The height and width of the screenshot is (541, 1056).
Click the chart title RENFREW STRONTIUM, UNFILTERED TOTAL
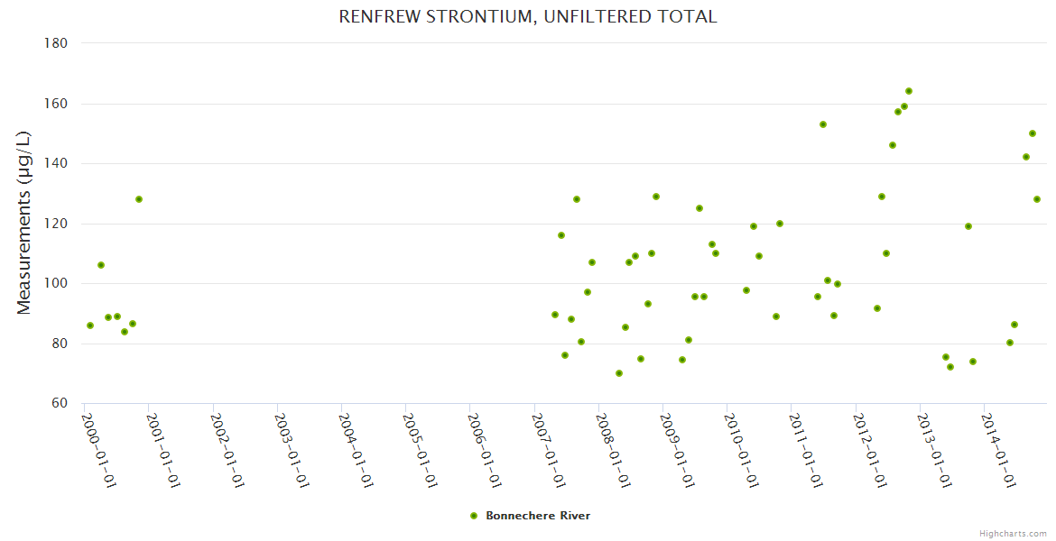pyautogui.click(x=528, y=16)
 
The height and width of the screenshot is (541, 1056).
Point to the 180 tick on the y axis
pyautogui.click(x=60, y=43)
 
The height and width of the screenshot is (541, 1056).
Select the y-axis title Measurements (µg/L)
pyautogui.click(x=24, y=223)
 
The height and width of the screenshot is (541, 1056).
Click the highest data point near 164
pyautogui.click(x=909, y=91)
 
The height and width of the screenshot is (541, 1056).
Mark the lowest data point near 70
pyautogui.click(x=619, y=373)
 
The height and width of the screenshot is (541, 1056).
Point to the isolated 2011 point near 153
pyautogui.click(x=823, y=124)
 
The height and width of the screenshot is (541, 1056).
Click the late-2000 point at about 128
pyautogui.click(x=139, y=199)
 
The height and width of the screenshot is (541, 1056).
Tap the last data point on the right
pyautogui.click(x=1037, y=199)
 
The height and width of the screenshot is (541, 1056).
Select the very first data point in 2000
pyautogui.click(x=90, y=326)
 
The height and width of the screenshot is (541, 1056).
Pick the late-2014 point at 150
pyautogui.click(x=1033, y=133)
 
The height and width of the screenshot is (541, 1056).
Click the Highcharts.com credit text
pyautogui.click(x=1013, y=533)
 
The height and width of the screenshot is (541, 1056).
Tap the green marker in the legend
pyautogui.click(x=474, y=516)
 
